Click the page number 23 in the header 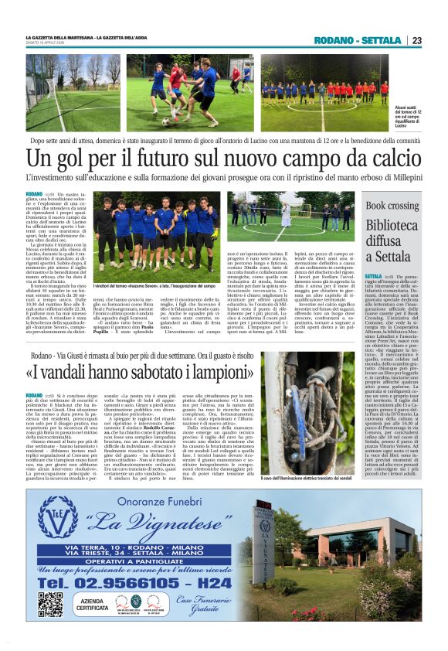click(416, 40)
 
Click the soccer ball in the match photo click(165, 121)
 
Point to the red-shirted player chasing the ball click(177, 90)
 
